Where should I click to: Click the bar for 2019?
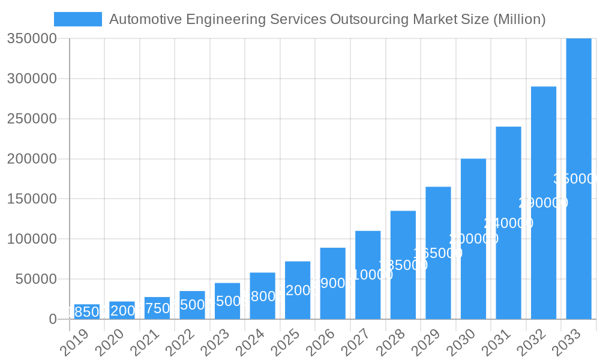click(x=87, y=312)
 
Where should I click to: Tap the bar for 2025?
click(x=298, y=290)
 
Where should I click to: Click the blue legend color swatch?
click(x=78, y=19)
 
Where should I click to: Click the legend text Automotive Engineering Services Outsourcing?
click(x=327, y=19)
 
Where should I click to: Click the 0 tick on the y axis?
click(x=53, y=319)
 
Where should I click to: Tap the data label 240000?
click(x=508, y=223)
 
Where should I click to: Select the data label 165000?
click(x=438, y=253)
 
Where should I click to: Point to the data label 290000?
click(x=543, y=203)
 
